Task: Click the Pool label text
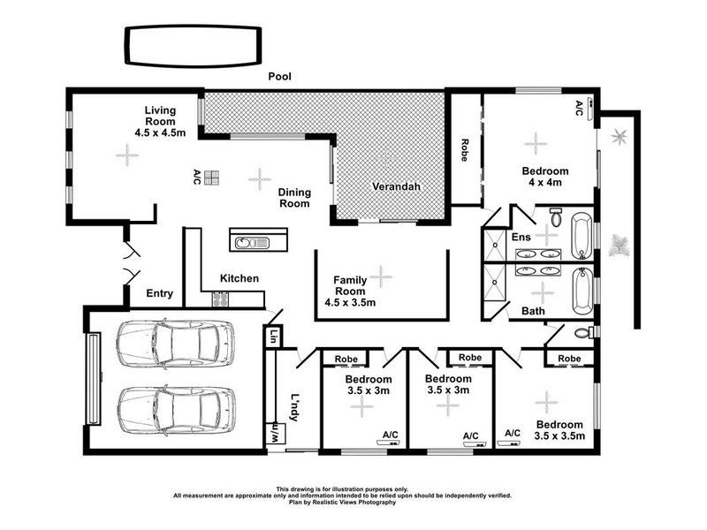pos(281,77)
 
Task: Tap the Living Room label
pos(161,121)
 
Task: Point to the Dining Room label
pos(294,197)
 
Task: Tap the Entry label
pos(160,293)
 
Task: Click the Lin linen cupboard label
pos(273,336)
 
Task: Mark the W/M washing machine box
pos(274,435)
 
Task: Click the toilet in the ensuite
pos(556,216)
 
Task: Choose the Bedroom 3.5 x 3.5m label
pos(559,429)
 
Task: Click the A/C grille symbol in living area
pos(211,178)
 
